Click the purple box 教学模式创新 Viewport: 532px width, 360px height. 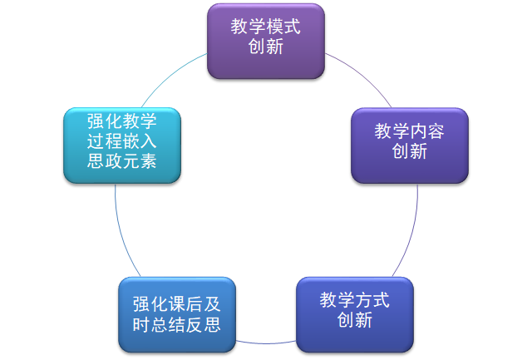click(265, 42)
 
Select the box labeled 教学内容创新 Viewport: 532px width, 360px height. click(409, 145)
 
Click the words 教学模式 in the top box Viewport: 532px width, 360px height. click(265, 27)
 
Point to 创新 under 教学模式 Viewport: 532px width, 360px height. click(265, 47)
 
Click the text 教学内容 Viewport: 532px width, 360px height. click(409, 131)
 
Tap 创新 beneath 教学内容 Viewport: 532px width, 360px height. click(409, 151)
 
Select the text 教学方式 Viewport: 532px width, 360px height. click(354, 299)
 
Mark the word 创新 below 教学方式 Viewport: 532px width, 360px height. click(354, 320)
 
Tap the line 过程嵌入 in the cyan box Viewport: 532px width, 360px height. click(121, 141)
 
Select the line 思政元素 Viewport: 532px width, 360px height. click(121, 161)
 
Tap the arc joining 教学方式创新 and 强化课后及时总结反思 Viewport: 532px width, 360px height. click(265, 342)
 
